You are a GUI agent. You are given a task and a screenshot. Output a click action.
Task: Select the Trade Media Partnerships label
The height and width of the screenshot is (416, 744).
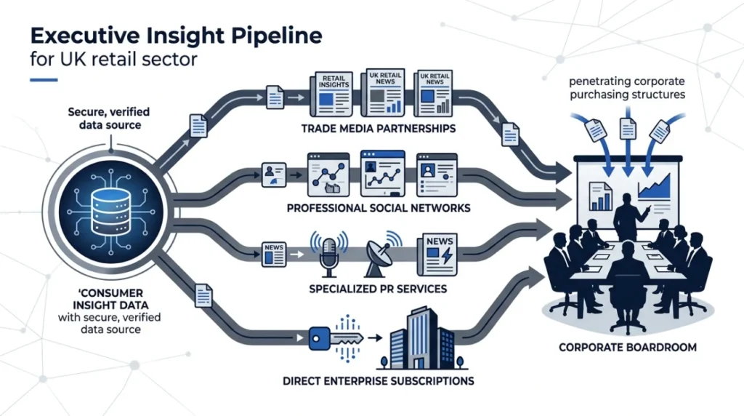[x=378, y=128]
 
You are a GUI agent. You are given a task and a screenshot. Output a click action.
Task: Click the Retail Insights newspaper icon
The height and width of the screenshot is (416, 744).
[x=331, y=94]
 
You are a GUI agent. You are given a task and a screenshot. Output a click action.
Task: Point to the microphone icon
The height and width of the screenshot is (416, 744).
[x=329, y=255]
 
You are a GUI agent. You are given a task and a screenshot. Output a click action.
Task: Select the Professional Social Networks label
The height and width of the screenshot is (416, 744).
[x=378, y=208]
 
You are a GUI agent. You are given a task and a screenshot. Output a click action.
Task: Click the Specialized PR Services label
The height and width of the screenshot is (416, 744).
[x=378, y=289]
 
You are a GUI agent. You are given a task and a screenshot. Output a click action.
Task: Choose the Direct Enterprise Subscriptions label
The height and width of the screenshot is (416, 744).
[x=378, y=381]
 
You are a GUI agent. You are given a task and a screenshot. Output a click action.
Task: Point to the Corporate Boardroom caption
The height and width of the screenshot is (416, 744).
[x=627, y=347]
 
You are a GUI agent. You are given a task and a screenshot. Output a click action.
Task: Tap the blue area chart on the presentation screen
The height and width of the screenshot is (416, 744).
[x=654, y=186]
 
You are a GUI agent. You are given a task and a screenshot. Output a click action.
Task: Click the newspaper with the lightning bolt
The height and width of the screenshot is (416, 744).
[x=437, y=255]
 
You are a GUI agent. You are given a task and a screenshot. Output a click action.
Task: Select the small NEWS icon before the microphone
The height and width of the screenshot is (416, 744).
[x=274, y=254]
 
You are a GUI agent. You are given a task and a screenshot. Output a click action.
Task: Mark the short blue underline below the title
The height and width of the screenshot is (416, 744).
[x=44, y=80]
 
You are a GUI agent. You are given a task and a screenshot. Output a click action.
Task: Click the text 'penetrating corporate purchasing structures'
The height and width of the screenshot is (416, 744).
[x=627, y=88]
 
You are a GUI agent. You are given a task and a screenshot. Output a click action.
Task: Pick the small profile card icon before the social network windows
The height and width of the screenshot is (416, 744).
[x=274, y=175]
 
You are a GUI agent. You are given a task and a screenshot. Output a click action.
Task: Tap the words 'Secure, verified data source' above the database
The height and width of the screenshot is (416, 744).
[x=109, y=119]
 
